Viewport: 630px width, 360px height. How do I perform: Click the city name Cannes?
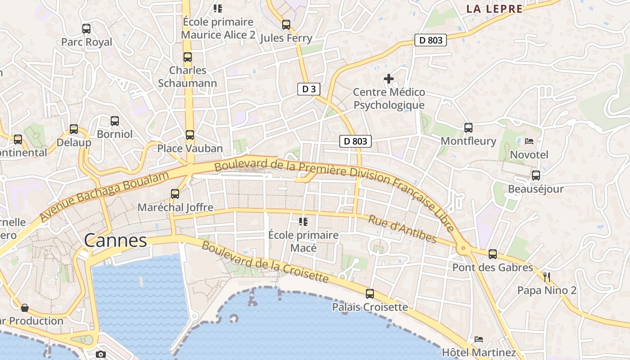116,241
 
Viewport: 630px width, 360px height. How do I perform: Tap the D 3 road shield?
309,89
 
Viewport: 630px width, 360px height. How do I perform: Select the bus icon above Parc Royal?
86,29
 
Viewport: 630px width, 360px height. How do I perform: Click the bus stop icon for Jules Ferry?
286,25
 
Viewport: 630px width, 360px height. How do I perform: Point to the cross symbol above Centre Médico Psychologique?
389,79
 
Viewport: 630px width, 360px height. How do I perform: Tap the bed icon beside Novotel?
529,141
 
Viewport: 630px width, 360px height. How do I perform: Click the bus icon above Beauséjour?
535,175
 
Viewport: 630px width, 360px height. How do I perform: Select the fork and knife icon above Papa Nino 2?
547,277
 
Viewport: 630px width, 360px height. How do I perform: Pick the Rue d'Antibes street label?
402,229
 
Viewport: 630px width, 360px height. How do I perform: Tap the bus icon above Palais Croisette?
370,294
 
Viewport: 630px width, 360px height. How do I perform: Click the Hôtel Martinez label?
479,352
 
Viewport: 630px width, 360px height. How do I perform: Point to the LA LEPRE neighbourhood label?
494,9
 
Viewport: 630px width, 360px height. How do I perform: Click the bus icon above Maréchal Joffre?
175,194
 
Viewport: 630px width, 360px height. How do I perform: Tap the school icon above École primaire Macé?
303,221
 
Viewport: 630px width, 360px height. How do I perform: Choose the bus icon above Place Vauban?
190,135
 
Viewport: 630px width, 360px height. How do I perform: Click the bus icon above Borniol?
115,121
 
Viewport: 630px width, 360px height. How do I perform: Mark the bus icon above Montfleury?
468,127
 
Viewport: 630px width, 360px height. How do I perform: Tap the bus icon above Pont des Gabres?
493,254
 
